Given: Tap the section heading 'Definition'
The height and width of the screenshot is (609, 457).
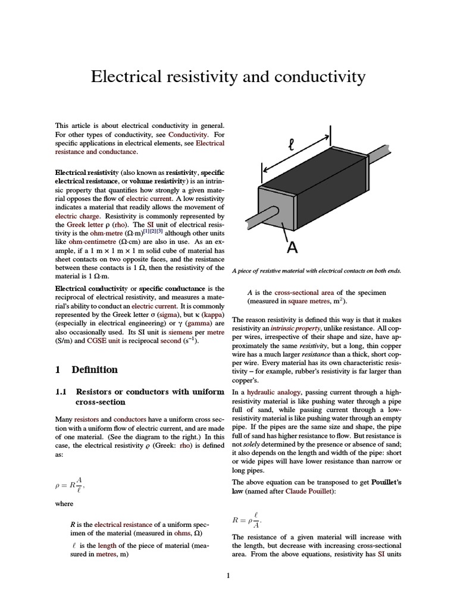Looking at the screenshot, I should point(95,369).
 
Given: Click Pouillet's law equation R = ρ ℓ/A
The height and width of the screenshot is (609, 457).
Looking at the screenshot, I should point(248,521).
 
